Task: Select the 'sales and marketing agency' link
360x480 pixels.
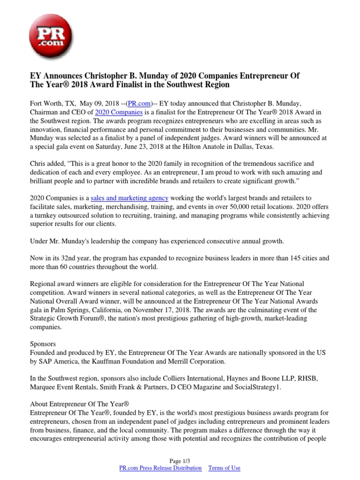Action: point(129,198)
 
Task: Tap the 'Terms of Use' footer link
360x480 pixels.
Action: point(224,468)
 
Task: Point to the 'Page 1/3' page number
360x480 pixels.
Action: point(180,461)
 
